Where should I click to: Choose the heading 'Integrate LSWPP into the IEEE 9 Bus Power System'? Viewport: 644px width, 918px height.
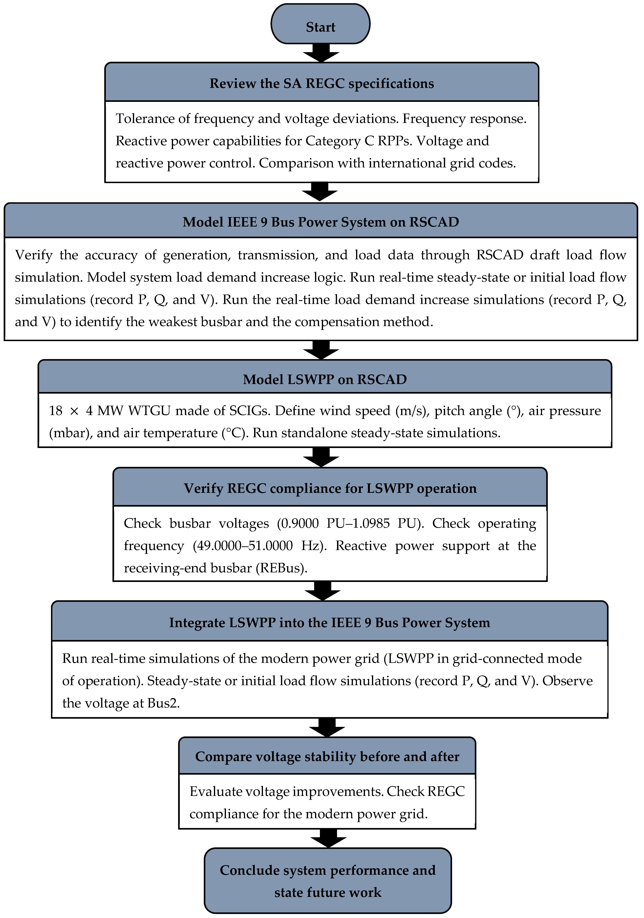[329, 623]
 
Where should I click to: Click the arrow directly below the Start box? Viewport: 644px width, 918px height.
[321, 53]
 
